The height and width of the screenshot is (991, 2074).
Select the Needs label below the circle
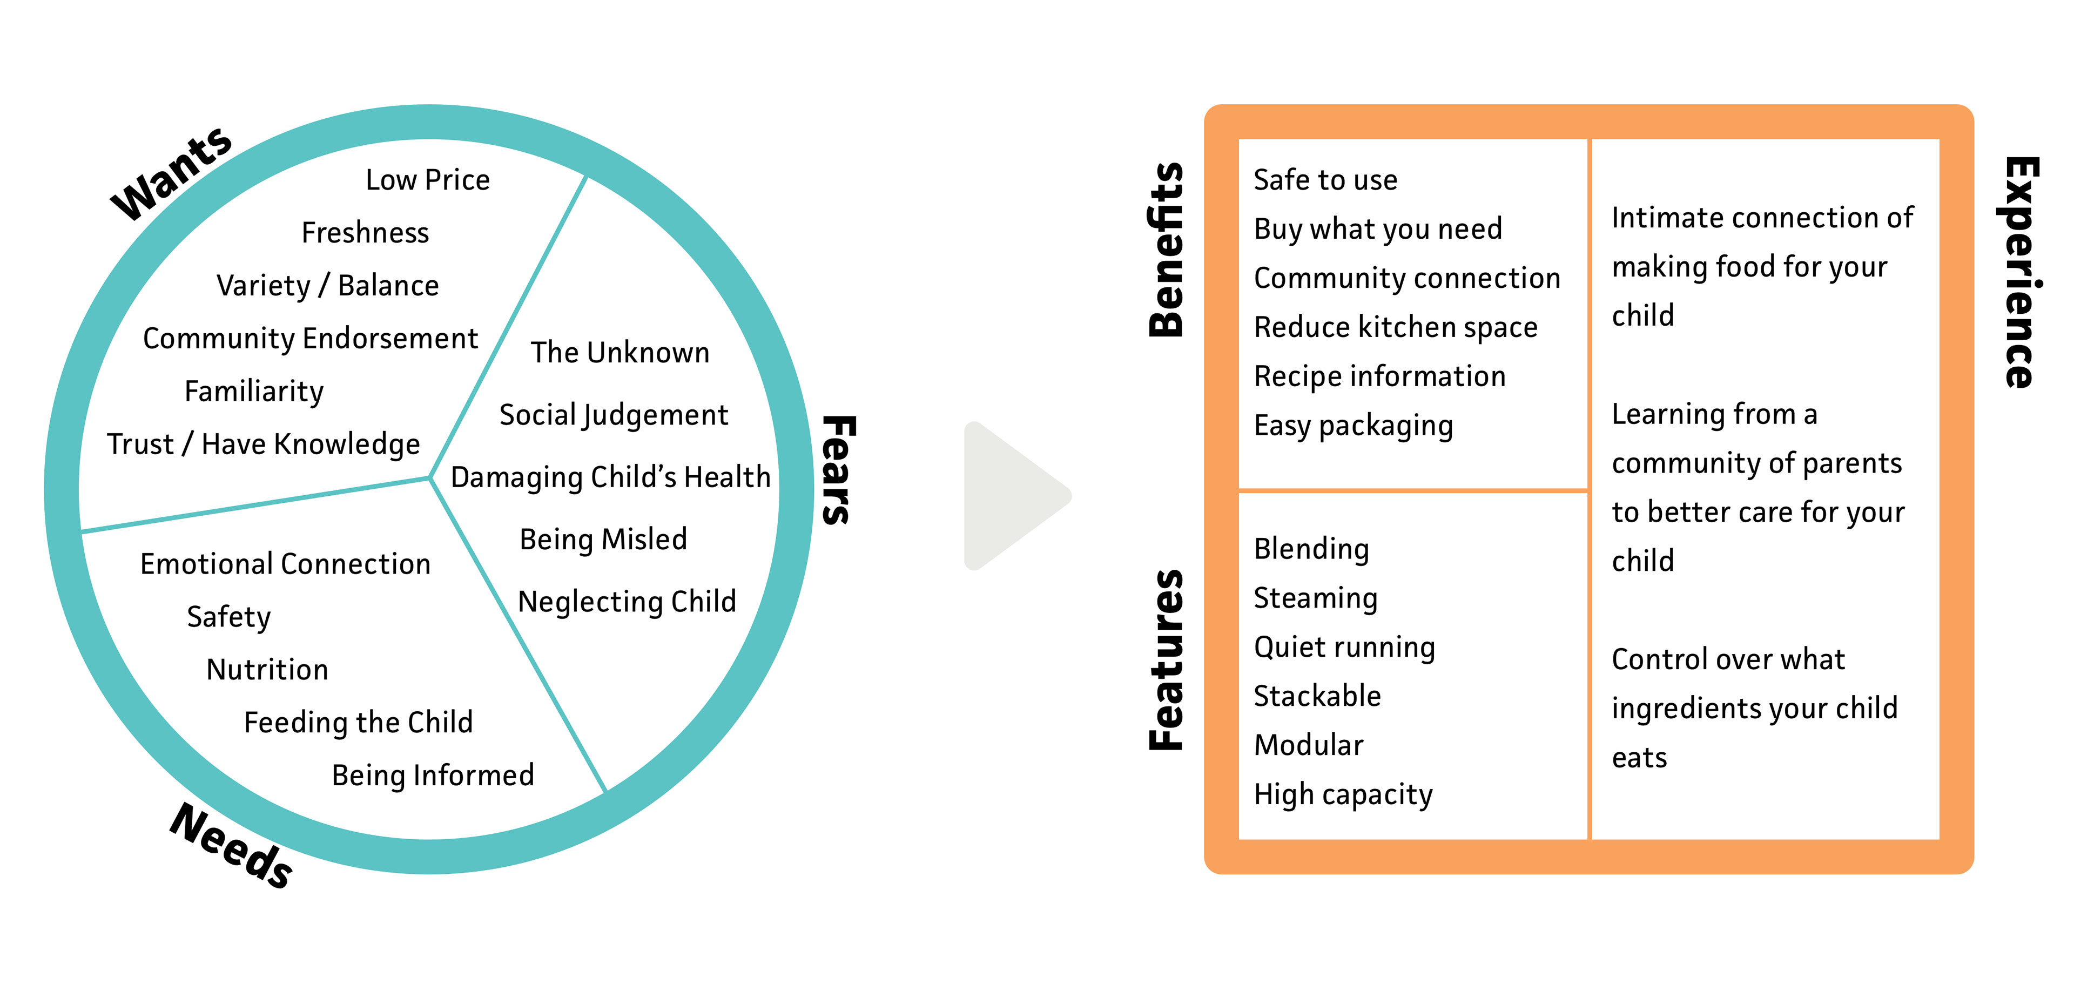(231, 845)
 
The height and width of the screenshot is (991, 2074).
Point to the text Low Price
(428, 179)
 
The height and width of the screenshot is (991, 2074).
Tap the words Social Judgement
(614, 415)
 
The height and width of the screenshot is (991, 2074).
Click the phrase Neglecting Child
(627, 602)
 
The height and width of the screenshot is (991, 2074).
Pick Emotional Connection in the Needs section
(285, 563)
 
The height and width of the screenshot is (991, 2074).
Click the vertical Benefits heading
(1166, 250)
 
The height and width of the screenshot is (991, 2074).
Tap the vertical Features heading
(1166, 660)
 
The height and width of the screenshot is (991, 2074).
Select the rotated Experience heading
(2022, 272)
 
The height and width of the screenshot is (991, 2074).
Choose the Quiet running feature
(1344, 647)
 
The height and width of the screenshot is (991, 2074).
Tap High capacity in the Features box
(1343, 794)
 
